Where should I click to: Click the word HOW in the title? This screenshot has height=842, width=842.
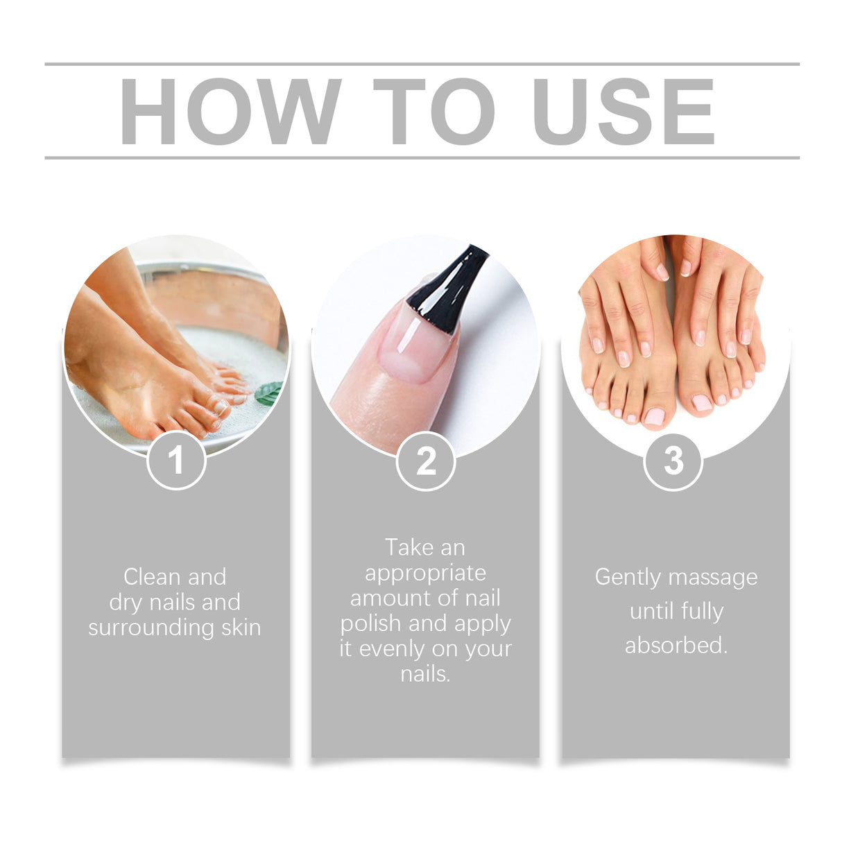[230, 112]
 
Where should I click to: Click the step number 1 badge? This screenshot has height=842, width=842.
[176, 461]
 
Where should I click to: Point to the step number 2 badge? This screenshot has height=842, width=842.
[425, 461]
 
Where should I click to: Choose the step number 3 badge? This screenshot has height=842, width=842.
[673, 461]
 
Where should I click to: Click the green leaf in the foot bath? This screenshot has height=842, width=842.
[268, 393]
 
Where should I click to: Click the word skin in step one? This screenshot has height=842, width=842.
[241, 628]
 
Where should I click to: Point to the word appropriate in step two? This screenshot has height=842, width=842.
[425, 573]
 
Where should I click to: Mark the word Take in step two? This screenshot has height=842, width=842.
[409, 548]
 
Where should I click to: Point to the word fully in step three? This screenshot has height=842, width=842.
[701, 612]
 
